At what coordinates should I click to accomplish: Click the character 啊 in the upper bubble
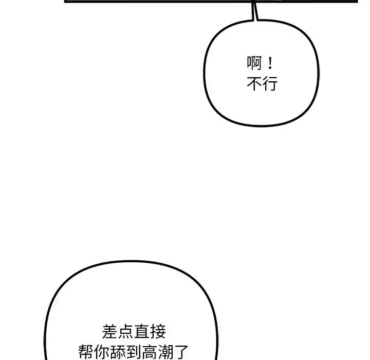tap(254, 64)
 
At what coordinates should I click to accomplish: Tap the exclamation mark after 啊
tap(271, 64)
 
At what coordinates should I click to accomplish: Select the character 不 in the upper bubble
tap(254, 84)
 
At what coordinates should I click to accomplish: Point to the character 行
tap(270, 84)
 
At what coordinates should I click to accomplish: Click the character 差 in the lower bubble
tap(110, 331)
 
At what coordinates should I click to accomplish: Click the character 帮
tap(86, 352)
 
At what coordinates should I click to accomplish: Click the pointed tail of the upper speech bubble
tap(253, 13)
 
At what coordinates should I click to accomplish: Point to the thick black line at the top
tap(154, 1)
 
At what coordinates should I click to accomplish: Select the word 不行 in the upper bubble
tap(262, 84)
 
